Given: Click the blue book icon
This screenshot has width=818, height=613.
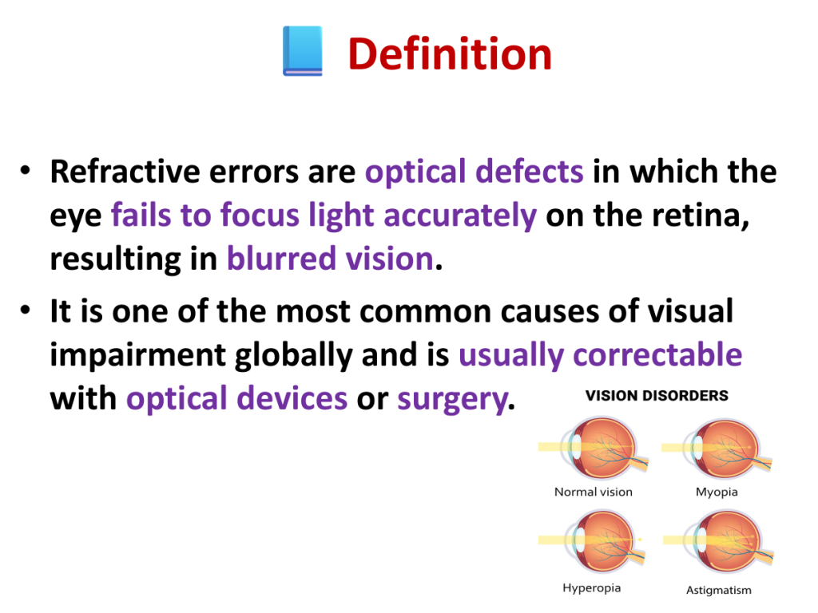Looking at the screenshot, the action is click(303, 51).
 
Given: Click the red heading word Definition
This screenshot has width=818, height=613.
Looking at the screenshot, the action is click(450, 54).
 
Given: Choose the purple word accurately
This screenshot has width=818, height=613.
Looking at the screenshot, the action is click(460, 216).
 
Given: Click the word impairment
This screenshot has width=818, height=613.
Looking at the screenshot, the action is click(137, 355).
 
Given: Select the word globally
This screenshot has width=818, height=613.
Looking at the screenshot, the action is click(294, 355).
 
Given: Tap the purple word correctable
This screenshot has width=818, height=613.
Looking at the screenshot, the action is click(657, 354).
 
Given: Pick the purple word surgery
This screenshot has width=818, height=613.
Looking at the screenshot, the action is click(452, 400).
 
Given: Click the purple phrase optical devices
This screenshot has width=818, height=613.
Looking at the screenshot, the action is click(236, 399).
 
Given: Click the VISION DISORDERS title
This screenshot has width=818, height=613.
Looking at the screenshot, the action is click(657, 396).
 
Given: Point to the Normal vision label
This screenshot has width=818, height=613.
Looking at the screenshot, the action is click(594, 492).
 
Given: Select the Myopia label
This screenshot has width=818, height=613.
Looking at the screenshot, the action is click(717, 492).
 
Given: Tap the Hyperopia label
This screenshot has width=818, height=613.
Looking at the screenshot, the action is click(592, 588).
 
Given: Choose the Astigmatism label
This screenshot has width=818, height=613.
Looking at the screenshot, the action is click(719, 590).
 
